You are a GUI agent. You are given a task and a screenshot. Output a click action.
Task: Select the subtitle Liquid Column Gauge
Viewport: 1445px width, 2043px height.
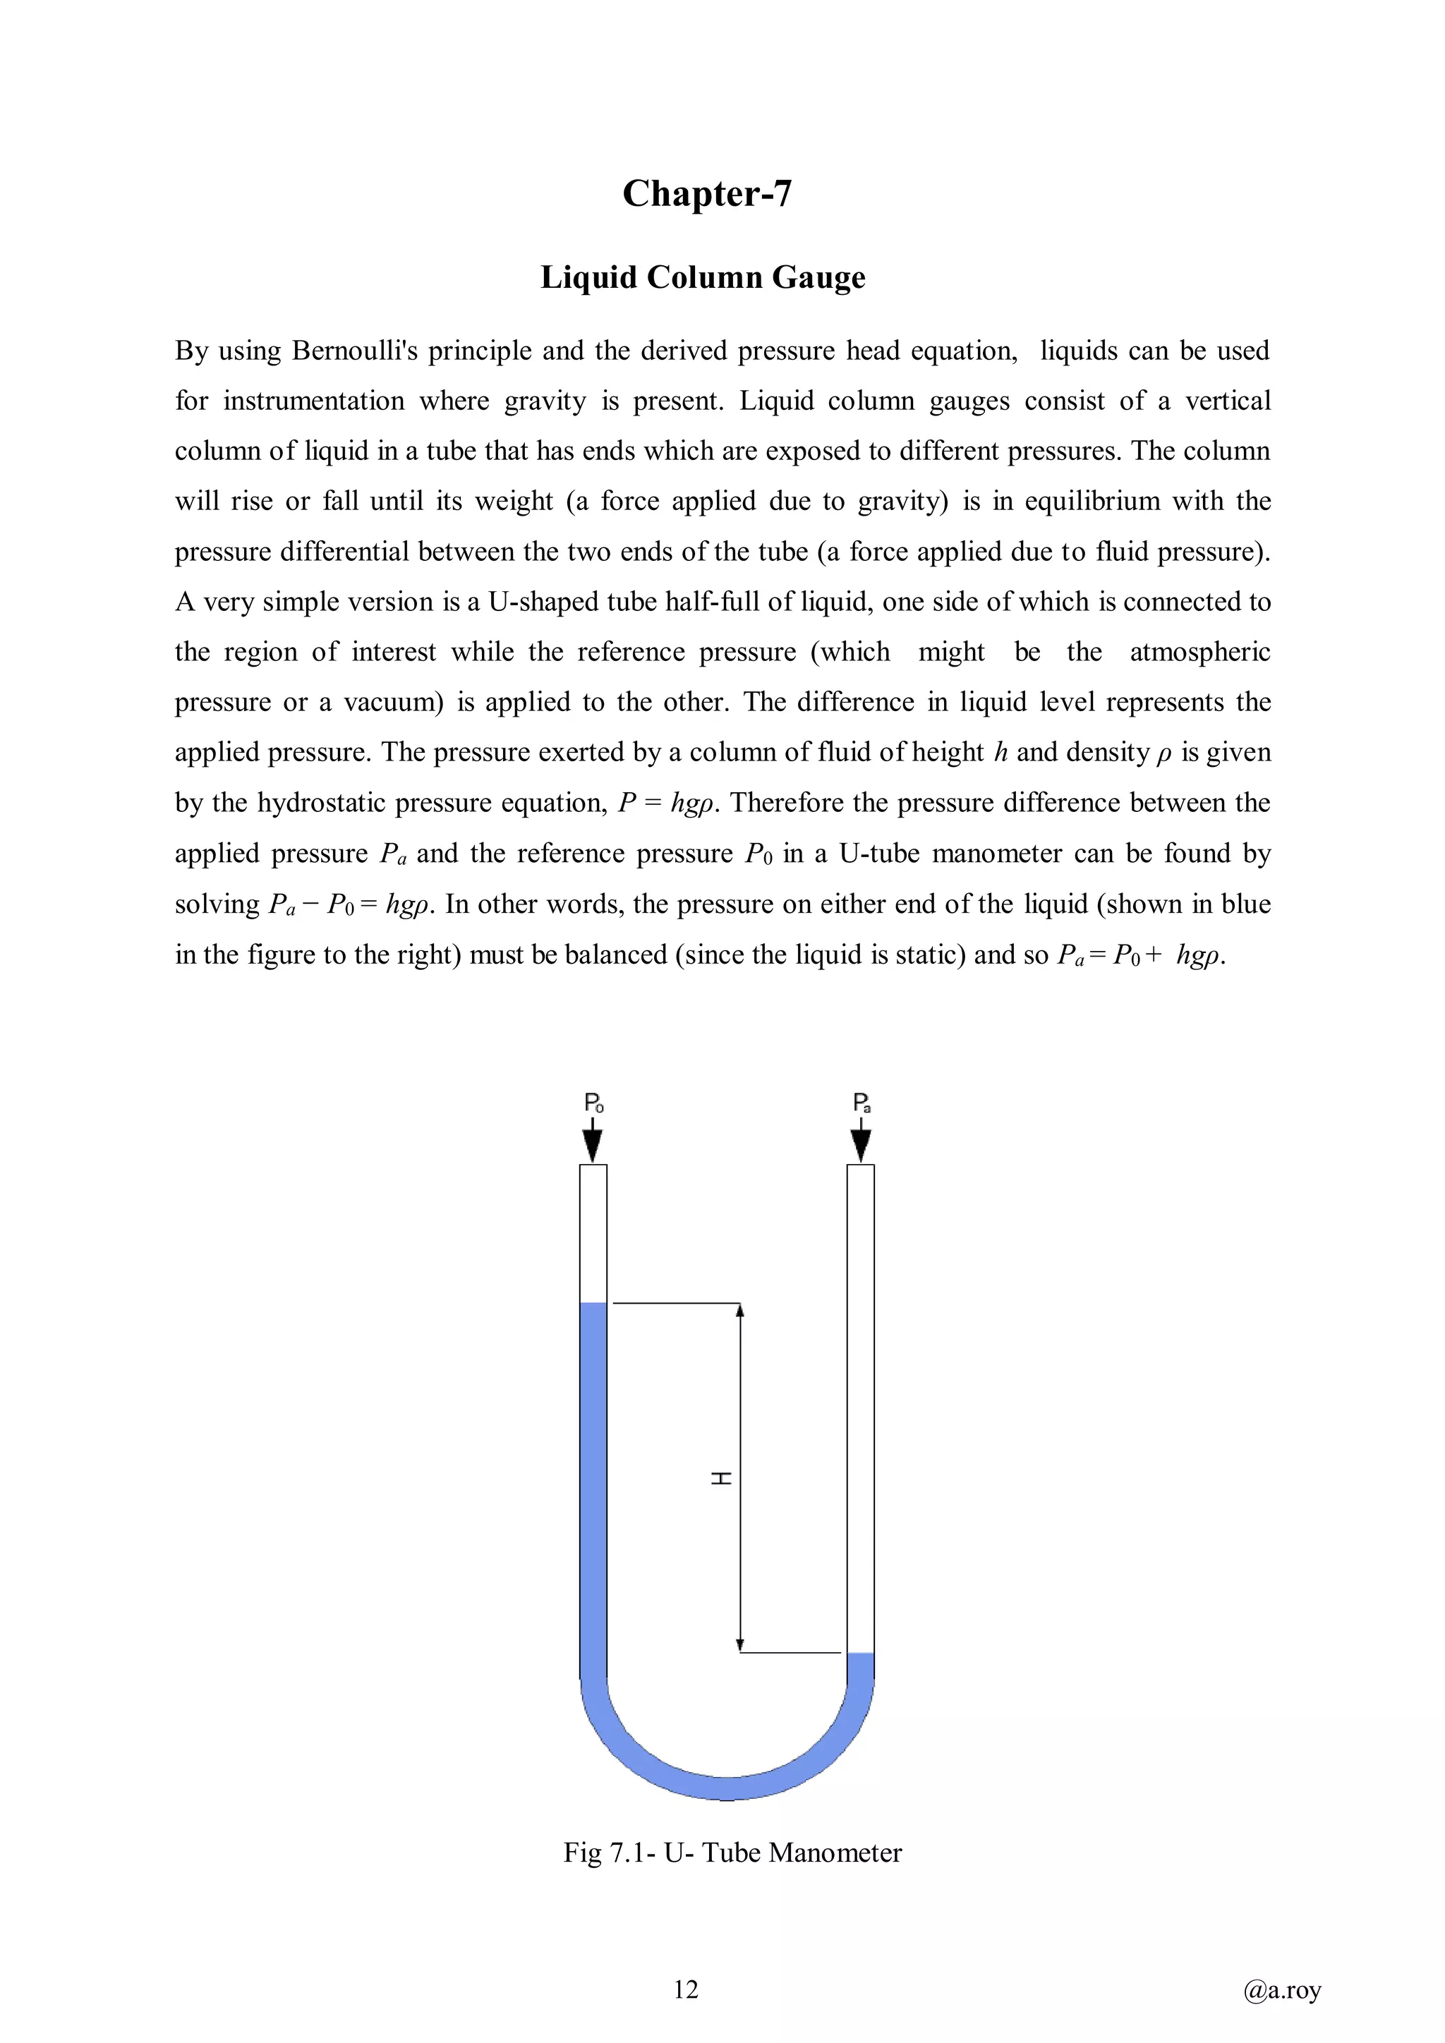pos(702,278)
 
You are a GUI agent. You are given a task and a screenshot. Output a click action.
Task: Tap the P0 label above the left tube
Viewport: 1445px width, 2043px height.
pos(593,1103)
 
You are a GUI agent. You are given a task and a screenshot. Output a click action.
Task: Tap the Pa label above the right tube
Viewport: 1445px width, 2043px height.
pos(861,1103)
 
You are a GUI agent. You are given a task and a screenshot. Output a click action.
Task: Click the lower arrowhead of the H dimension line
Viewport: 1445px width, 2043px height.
pos(740,1646)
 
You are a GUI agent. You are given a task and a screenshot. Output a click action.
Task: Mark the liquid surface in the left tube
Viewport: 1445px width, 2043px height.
pos(593,1304)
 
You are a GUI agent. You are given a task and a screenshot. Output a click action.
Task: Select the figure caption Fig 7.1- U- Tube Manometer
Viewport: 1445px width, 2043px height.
pos(732,1853)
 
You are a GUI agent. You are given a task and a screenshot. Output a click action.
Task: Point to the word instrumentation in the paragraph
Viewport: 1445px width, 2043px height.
pos(314,401)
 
